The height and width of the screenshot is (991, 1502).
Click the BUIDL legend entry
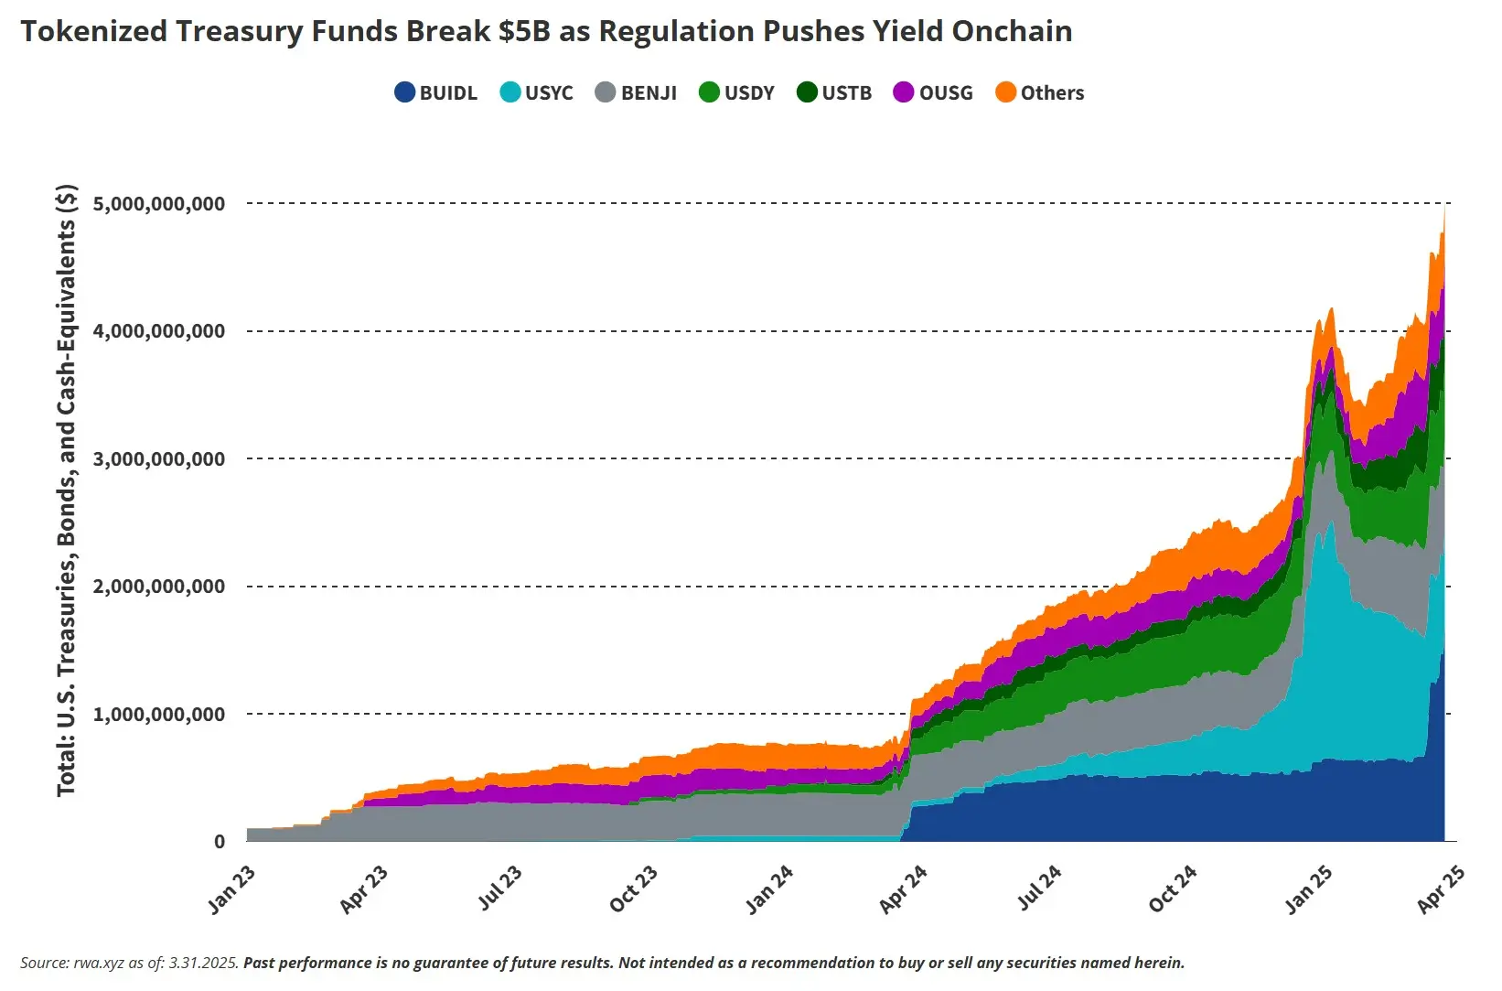pos(436,92)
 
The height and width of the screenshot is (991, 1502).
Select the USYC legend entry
pos(537,92)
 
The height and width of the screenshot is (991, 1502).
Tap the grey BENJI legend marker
pos(606,92)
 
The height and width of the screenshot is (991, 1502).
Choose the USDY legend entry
pos(736,92)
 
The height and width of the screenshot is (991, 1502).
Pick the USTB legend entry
pos(834,92)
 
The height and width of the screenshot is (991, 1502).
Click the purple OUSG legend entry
pos(933,92)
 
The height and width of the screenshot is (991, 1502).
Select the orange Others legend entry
pos(1040,92)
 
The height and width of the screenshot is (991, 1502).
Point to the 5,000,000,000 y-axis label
pos(159,203)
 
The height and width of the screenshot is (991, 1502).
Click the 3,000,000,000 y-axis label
pos(159,458)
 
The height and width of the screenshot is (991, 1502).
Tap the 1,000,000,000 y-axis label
pos(159,714)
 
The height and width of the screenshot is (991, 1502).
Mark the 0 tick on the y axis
pos(220,842)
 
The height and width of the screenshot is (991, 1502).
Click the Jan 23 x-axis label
pos(232,889)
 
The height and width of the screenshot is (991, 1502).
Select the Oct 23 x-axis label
pos(634,889)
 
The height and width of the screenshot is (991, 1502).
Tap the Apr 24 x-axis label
pos(904,889)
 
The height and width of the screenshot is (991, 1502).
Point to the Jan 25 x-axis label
pos(1309,889)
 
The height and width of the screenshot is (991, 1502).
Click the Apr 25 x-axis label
pos(1441,889)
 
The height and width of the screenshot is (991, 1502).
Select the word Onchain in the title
pos(1012,31)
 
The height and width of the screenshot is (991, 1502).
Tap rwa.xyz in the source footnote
pos(100,963)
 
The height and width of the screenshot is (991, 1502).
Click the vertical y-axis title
pos(67,490)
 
